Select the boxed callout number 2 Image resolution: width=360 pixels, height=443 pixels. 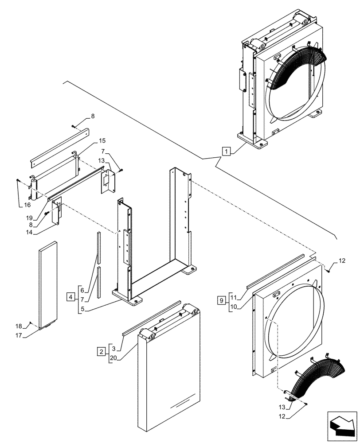(x=102, y=351)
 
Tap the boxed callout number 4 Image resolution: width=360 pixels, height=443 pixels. (x=71, y=296)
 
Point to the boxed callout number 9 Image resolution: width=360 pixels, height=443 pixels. (x=221, y=300)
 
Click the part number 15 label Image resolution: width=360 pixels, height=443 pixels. (x=102, y=140)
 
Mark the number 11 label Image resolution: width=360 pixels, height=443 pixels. (x=234, y=295)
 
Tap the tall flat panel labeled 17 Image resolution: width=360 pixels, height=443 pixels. (x=47, y=286)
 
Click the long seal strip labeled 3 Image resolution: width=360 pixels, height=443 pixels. (x=151, y=318)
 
